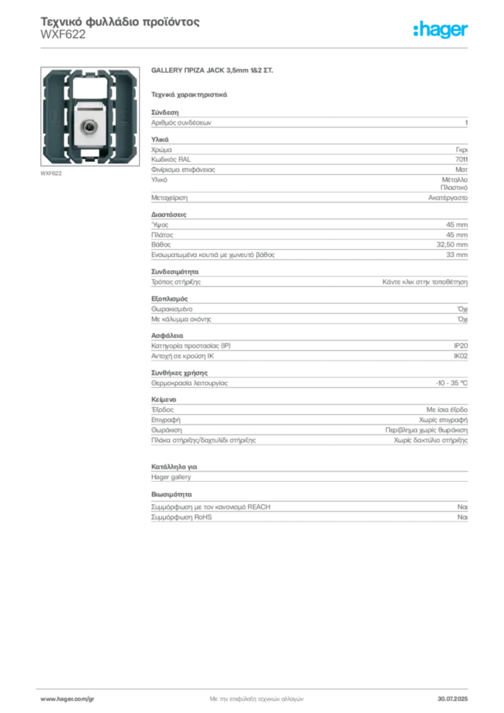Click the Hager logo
point(440,29)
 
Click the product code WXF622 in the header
point(63,35)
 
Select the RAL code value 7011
point(462,159)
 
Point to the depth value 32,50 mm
point(452,244)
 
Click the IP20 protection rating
point(460,346)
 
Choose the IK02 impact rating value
point(460,356)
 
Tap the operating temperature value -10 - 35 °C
point(451,384)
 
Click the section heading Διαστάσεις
point(168,214)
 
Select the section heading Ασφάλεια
point(167,336)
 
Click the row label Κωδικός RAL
point(171,159)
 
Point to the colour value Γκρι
point(462,150)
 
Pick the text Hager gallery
point(171,477)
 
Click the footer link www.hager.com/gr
point(68,699)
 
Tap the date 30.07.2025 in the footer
point(452,699)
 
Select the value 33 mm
point(457,255)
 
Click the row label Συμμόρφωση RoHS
point(181,517)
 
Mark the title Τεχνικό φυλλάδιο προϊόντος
point(120,22)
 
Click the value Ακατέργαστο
point(448,198)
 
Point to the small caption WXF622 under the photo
point(51,173)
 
